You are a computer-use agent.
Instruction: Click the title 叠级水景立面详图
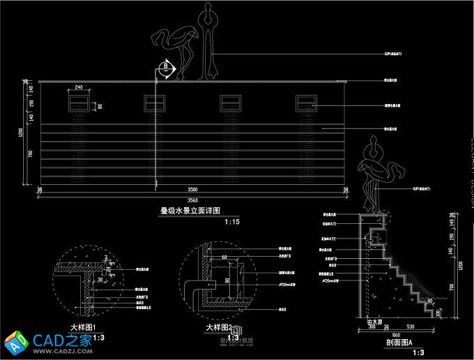coord(190,210)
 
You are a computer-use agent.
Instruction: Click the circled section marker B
coord(165,67)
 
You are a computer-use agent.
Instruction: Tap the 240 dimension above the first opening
coord(78,87)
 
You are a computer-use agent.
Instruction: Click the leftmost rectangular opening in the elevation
coord(78,103)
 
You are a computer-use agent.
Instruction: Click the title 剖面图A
coord(399,343)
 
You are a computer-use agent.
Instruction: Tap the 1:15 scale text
coord(232,222)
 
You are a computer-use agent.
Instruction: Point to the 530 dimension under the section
coord(411,327)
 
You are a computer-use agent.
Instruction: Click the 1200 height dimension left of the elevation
coord(21,133)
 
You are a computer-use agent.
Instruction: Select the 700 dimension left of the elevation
coord(30,154)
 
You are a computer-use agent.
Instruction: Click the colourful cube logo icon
coord(16,343)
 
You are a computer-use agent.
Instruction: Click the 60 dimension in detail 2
coord(224,257)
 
